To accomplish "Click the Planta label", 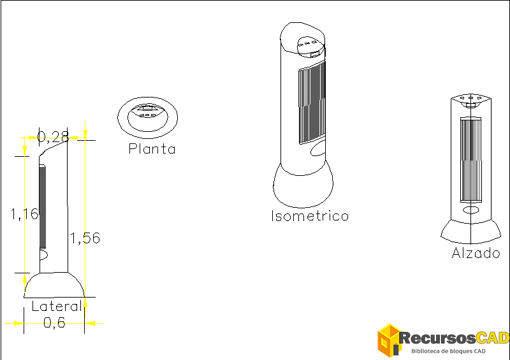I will click(152, 149).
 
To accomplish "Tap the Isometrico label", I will click(310, 216).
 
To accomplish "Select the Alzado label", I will click(476, 253).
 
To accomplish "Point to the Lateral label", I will click(57, 306).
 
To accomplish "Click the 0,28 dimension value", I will click(53, 136).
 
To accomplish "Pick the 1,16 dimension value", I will click(24, 214).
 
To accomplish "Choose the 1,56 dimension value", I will click(85, 238).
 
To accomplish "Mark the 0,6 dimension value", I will click(54, 323).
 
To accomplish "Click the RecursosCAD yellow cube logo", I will click(388, 340).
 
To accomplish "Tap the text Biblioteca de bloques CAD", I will click(449, 351).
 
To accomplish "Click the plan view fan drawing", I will click(147, 117).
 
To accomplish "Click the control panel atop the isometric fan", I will click(309, 44).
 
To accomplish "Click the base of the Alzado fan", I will click(471, 231).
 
